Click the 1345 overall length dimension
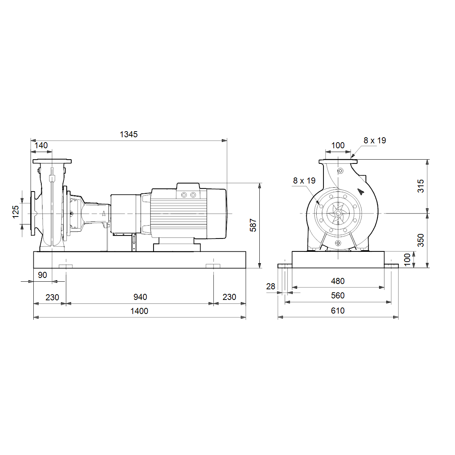click(x=129, y=134)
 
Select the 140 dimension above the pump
click(x=41, y=145)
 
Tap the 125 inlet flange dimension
click(x=16, y=212)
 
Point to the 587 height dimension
click(x=253, y=225)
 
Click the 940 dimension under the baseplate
click(x=140, y=297)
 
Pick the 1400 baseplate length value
click(x=139, y=311)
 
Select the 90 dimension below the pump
click(x=42, y=275)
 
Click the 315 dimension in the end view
click(x=421, y=186)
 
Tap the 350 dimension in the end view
click(x=421, y=240)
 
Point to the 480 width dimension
click(x=338, y=281)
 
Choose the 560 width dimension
click(x=338, y=295)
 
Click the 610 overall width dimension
click(x=338, y=311)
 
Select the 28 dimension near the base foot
click(x=271, y=286)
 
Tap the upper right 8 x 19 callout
click(x=375, y=141)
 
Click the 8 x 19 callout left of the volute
click(x=304, y=180)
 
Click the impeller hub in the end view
click(x=338, y=214)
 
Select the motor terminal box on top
click(x=188, y=191)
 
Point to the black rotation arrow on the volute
click(x=360, y=191)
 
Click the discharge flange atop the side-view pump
click(x=52, y=161)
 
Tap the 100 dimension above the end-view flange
click(x=338, y=145)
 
